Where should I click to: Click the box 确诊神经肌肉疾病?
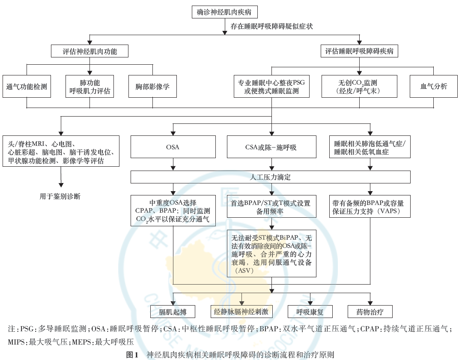[225, 12]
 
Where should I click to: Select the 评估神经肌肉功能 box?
[89, 51]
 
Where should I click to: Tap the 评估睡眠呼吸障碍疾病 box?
[359, 51]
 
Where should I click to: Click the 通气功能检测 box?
[27, 87]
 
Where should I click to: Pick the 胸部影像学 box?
[152, 87]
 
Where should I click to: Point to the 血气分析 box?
[434, 87]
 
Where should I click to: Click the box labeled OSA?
[173, 147]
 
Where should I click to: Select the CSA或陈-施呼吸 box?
[271, 147]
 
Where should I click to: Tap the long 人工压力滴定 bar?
[271, 177]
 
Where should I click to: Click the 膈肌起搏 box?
[173, 312]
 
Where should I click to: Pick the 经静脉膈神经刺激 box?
[241, 312]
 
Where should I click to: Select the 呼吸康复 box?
[310, 312]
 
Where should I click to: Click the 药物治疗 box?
[369, 312]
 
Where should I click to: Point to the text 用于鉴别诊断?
[60, 197]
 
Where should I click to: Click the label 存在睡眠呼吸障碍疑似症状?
[271, 27]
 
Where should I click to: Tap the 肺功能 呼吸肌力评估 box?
[89, 87]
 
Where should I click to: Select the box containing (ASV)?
[271, 253]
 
